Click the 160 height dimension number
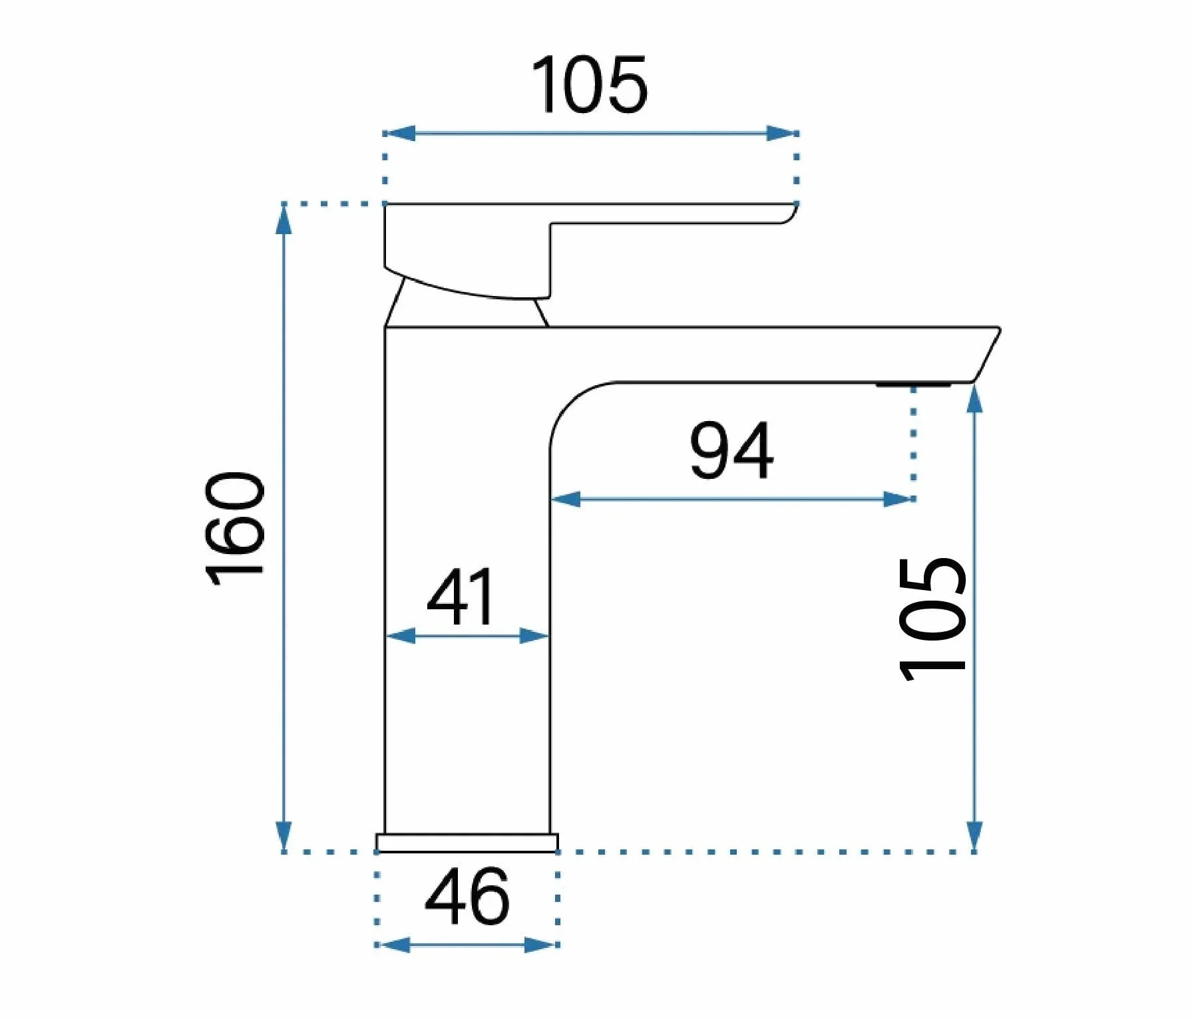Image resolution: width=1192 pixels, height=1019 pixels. (x=235, y=529)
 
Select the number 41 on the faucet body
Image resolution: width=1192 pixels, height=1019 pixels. (x=461, y=597)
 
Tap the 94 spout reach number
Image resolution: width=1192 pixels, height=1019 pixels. (x=731, y=450)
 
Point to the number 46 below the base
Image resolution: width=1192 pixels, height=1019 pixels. (x=467, y=897)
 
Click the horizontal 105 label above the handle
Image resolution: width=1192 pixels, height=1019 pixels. (x=589, y=84)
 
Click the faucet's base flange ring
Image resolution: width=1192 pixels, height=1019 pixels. (x=467, y=843)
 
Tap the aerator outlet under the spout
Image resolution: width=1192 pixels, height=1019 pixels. (x=914, y=384)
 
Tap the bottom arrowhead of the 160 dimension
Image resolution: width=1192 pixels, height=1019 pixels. (x=284, y=836)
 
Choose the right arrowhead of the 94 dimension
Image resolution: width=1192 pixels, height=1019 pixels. (x=898, y=499)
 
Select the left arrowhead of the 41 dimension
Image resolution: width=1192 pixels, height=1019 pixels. (x=401, y=637)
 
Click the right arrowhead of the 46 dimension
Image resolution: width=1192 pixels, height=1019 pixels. (x=540, y=945)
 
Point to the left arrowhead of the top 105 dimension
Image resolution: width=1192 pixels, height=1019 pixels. (x=400, y=133)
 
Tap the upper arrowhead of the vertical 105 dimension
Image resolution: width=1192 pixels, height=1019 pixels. (x=974, y=399)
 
